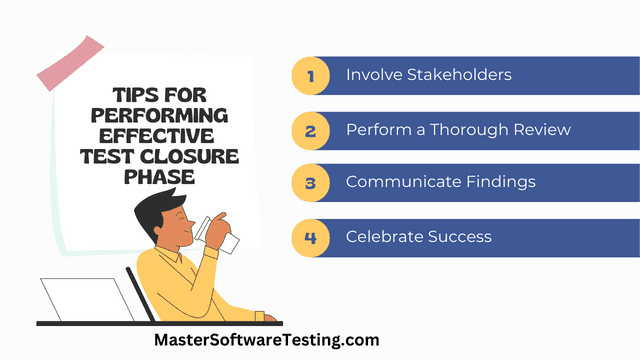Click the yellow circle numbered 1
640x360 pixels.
[310, 76]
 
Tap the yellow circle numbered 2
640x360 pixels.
[310, 130]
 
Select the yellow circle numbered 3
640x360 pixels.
[310, 183]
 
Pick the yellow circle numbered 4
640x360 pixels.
[310, 237]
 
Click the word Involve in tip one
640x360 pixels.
[370, 76]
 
